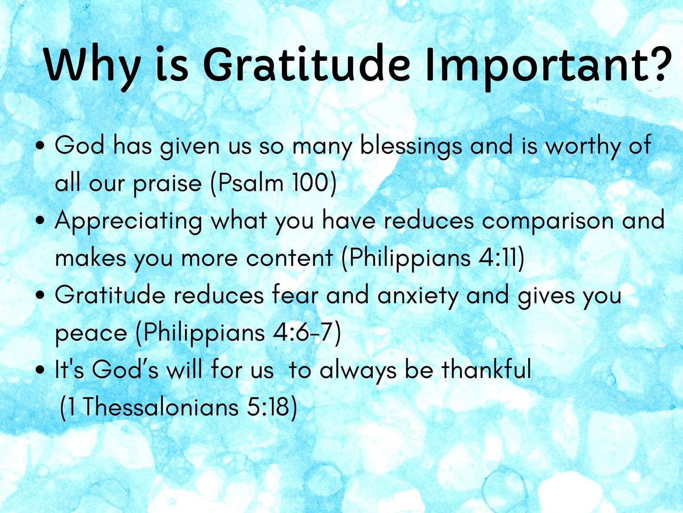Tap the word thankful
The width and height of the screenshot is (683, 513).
coord(486,369)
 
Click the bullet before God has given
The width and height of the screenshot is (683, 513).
coord(40,146)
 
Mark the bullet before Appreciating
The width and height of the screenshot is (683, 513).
coord(40,221)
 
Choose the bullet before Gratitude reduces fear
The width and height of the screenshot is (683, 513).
coord(40,295)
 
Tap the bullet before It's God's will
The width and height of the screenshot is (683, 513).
coord(40,370)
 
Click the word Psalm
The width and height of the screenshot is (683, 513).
coord(251,183)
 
